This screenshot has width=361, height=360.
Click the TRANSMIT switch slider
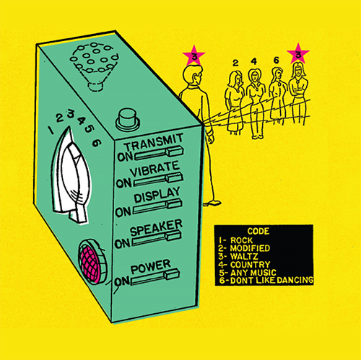pyautogui.click(x=159, y=154)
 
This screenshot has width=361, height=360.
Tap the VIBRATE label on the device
pyautogui.click(x=155, y=169)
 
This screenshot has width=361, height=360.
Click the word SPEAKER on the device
pyautogui.click(x=156, y=227)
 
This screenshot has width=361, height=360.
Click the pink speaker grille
pyautogui.click(x=90, y=261)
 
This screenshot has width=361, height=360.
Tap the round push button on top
pyautogui.click(x=127, y=120)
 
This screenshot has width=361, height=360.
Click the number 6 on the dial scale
pyautogui.click(x=97, y=143)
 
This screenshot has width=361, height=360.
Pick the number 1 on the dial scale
pyautogui.click(x=51, y=130)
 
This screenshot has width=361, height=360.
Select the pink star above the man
pyautogui.click(x=193, y=56)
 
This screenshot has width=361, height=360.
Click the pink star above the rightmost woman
pyautogui.click(x=298, y=54)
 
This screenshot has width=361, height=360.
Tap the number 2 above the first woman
pyautogui.click(x=235, y=63)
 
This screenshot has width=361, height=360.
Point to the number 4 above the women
pyautogui.click(x=254, y=62)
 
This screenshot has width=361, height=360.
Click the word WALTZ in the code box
pyautogui.click(x=244, y=256)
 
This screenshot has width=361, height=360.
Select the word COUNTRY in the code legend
pyautogui.click(x=250, y=265)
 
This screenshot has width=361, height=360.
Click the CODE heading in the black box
pyautogui.click(x=258, y=231)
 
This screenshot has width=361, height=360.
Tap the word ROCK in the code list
pyautogui.click(x=241, y=240)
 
